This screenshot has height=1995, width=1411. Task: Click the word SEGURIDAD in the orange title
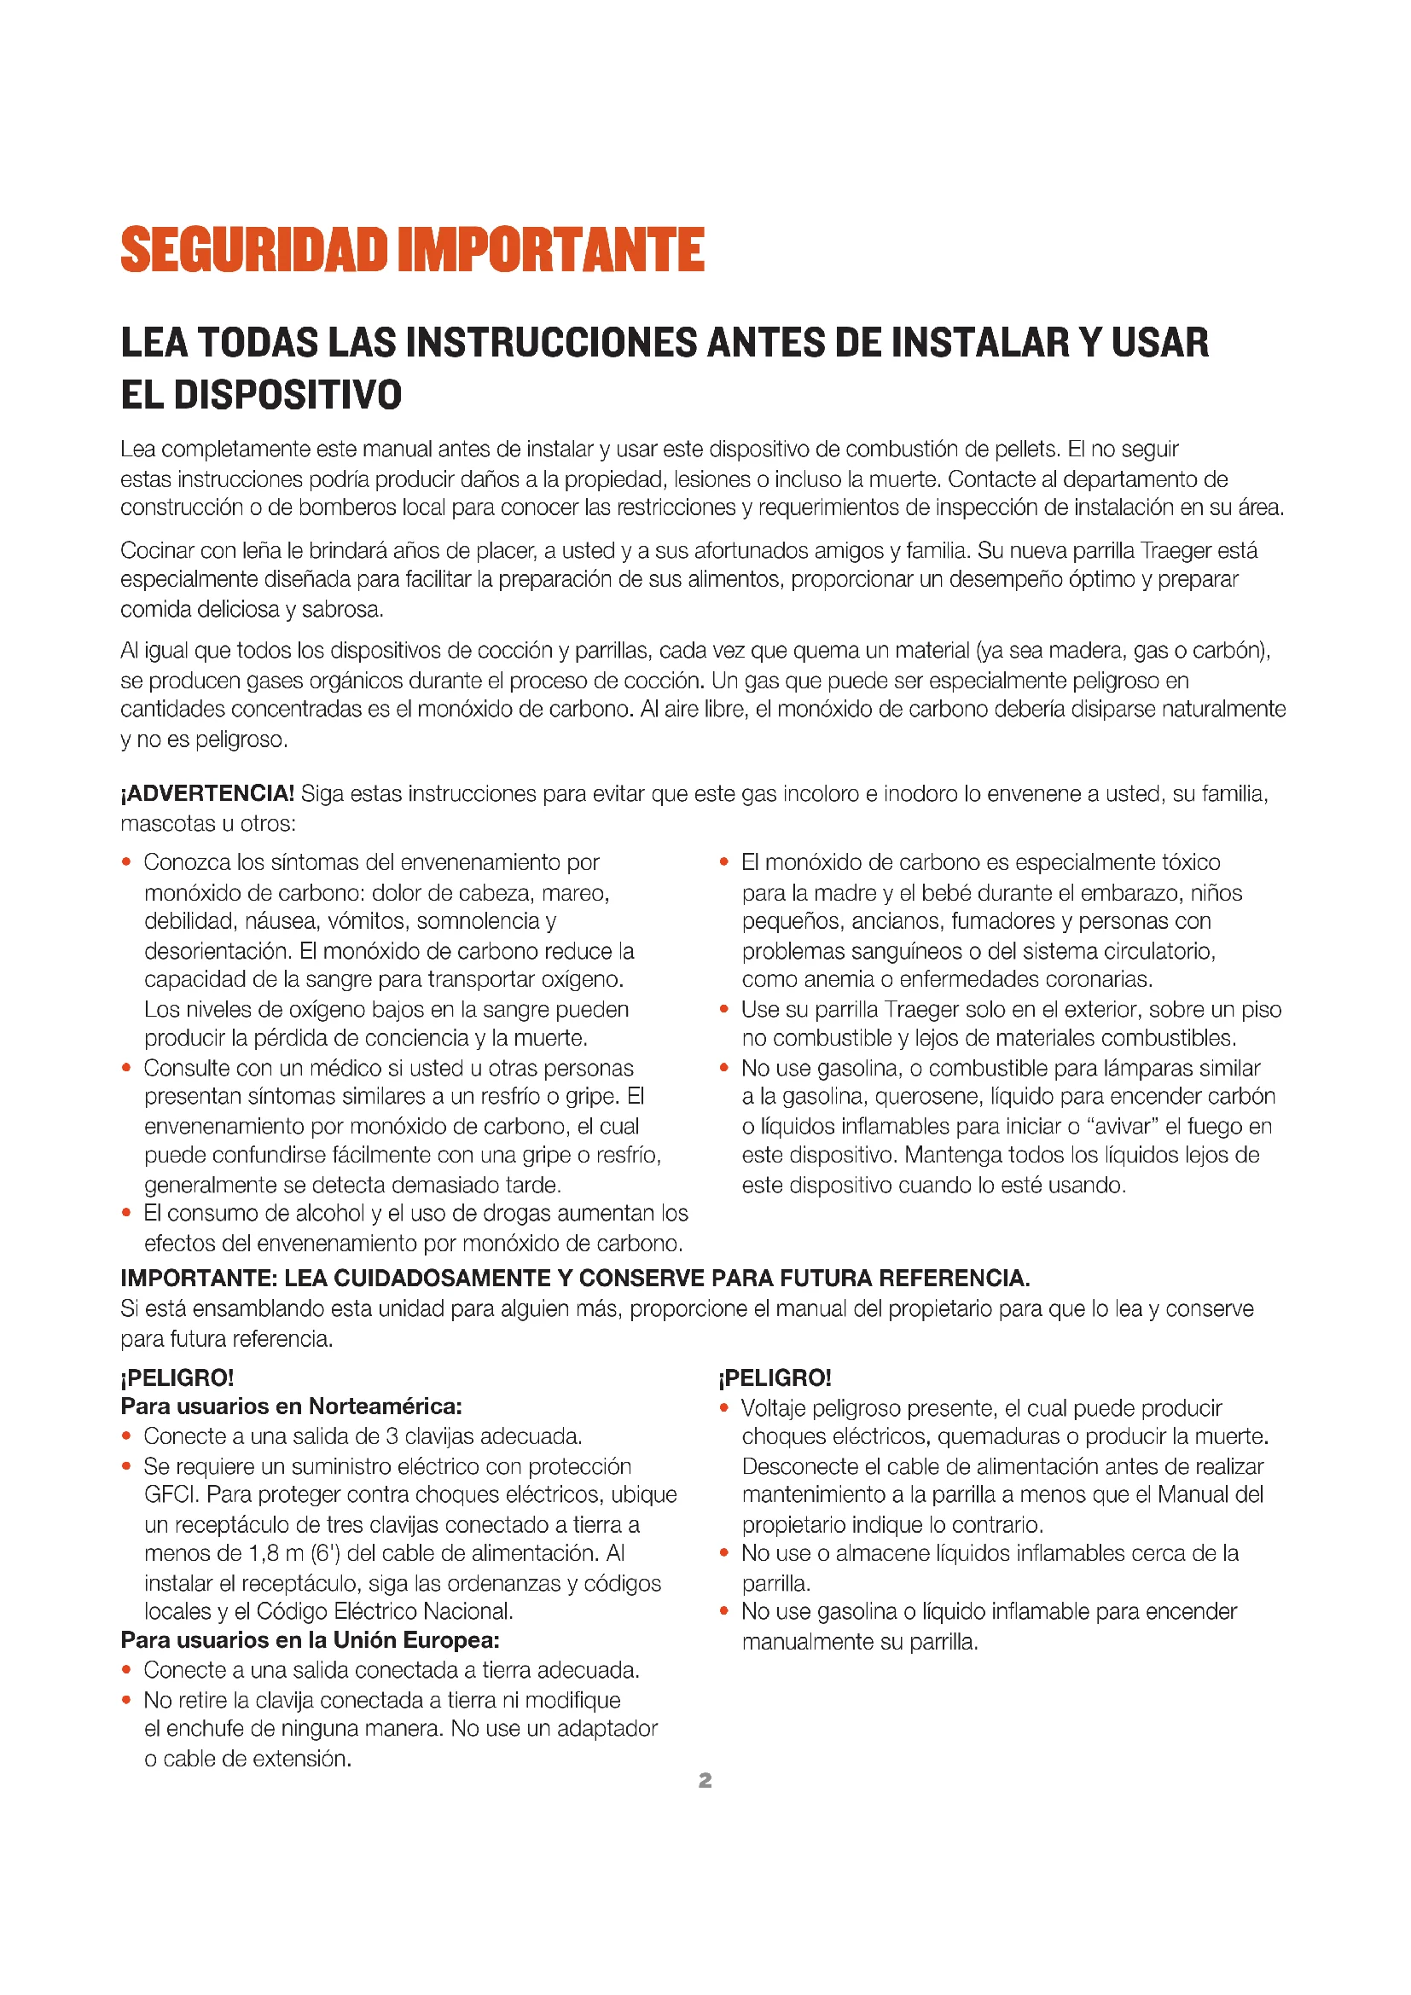point(253,250)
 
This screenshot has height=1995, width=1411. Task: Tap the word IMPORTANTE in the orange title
point(551,250)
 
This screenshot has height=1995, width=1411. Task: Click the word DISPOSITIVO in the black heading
point(287,395)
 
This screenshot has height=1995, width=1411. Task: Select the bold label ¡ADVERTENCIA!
point(207,793)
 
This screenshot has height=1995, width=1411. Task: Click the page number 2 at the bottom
point(705,1780)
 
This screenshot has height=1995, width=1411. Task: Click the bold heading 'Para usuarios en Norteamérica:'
point(291,1406)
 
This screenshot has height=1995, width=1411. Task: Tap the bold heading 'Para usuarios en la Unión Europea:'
point(311,1639)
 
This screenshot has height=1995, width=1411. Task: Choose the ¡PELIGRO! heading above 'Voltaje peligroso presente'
point(775,1377)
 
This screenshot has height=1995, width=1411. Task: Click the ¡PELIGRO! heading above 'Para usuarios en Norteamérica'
point(177,1377)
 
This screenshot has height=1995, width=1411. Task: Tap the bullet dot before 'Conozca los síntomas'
point(127,862)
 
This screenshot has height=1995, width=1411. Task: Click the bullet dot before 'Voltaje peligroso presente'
point(723,1407)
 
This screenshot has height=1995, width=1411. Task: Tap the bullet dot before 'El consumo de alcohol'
point(127,1213)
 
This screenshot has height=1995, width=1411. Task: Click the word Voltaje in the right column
point(773,1407)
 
